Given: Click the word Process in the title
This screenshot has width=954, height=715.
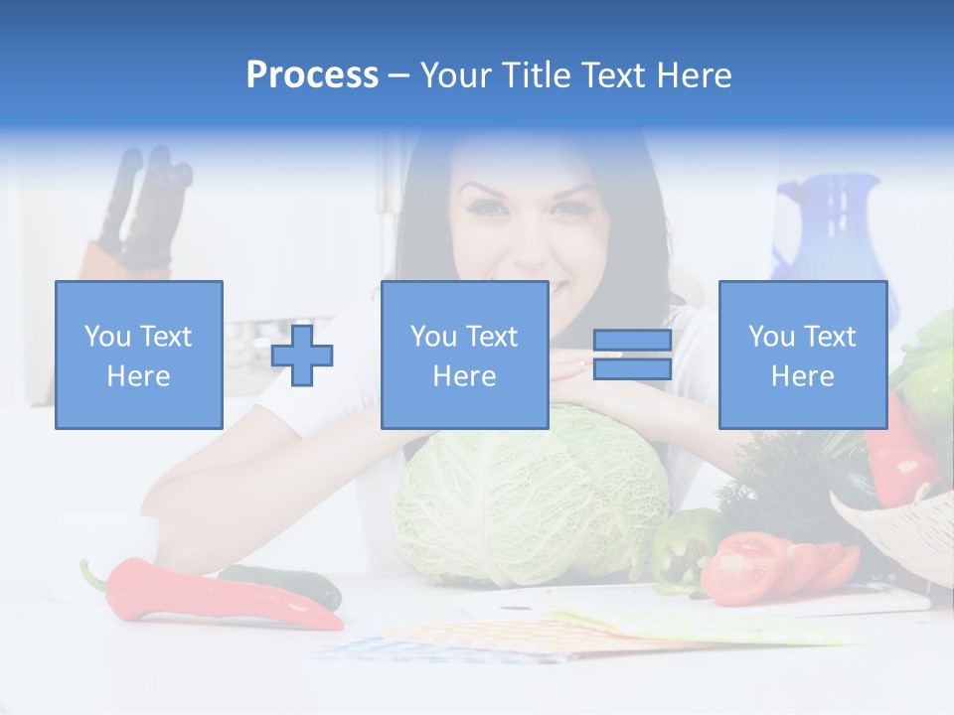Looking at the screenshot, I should click(x=312, y=75).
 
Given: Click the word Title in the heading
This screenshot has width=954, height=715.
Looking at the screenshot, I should click(x=536, y=75).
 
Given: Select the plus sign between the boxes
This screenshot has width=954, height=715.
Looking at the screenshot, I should click(x=302, y=355).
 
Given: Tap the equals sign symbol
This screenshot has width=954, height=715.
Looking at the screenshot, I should click(x=632, y=355).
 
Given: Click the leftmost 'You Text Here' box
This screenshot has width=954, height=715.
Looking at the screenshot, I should click(x=139, y=355).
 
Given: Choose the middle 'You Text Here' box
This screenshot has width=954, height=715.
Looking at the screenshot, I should click(x=464, y=355).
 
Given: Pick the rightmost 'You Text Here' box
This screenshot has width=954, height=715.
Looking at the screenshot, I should click(x=802, y=355).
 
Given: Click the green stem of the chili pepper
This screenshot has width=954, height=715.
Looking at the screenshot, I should click(x=93, y=575).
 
